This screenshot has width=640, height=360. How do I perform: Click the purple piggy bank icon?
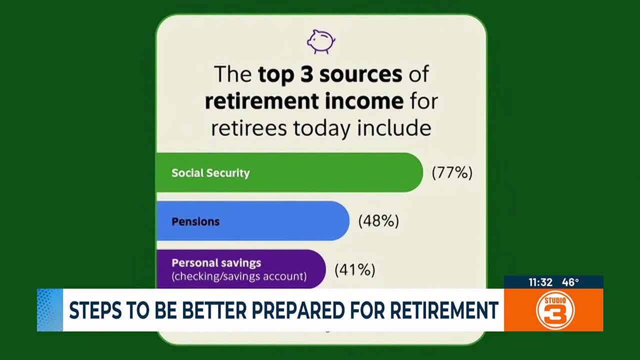click(320, 41)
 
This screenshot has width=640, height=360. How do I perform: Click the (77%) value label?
click(452, 173)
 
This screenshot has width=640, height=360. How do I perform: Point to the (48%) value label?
click(378, 221)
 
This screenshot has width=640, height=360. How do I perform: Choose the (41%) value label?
click(354, 270)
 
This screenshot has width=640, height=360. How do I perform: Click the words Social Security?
click(210, 173)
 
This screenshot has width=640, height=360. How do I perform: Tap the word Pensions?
click(195, 221)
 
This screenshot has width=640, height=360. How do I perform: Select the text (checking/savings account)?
click(239, 275)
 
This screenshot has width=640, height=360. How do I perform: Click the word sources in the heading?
click(361, 74)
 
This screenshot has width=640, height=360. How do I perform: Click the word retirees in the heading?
click(248, 128)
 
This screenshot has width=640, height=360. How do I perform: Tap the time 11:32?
click(540, 282)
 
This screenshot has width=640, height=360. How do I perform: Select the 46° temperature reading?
click(570, 282)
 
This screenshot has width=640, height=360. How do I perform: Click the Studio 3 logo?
click(555, 310)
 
